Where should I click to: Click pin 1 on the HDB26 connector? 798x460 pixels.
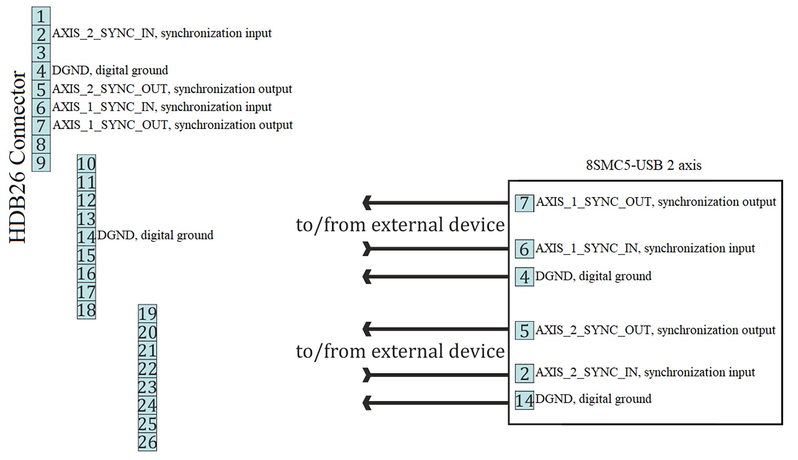41,16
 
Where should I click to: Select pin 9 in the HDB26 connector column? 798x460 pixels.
41,162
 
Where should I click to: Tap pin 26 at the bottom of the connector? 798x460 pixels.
147,442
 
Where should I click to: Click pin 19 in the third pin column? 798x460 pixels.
147,314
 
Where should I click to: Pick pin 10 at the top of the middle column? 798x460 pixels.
86,164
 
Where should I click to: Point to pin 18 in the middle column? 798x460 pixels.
86,310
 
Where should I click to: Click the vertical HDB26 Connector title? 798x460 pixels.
18,157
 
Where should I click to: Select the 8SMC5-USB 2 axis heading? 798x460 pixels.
643,165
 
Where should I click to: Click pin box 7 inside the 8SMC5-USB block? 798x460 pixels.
524,203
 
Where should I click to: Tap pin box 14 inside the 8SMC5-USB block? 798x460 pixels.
524,400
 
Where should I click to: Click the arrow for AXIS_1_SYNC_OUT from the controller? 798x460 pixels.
435,203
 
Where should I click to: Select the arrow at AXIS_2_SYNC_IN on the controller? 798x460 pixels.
435,375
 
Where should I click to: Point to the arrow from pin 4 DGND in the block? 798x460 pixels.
435,276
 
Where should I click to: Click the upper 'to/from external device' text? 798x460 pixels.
400,225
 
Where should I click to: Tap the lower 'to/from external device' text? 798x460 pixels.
400,352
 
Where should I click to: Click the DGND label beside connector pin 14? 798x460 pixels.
155,235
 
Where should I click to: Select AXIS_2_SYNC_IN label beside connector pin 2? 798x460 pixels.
162,33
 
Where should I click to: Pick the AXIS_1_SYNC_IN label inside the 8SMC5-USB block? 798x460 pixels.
645,248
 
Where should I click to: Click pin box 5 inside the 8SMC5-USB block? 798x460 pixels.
524,331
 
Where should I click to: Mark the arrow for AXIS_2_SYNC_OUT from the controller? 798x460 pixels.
435,329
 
